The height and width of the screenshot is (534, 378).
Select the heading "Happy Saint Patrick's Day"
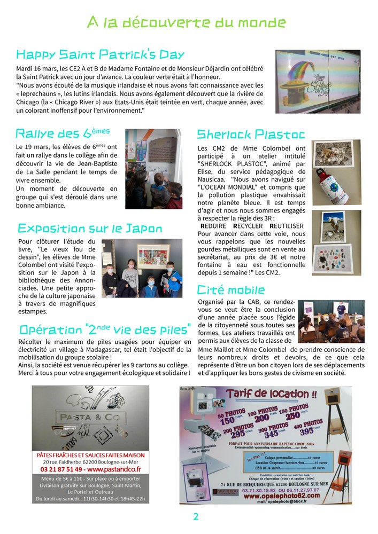point(101,54)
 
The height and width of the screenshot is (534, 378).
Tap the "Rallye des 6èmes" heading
point(63,133)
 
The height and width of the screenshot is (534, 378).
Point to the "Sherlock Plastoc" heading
point(251,134)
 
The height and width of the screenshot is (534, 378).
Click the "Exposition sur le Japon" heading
point(90,229)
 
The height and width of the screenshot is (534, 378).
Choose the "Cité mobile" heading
point(231,290)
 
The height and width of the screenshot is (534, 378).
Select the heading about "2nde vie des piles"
point(105,328)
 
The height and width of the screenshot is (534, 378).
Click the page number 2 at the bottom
point(196,517)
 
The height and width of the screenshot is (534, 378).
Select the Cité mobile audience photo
point(331,321)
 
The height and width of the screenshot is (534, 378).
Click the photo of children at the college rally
point(152,168)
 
